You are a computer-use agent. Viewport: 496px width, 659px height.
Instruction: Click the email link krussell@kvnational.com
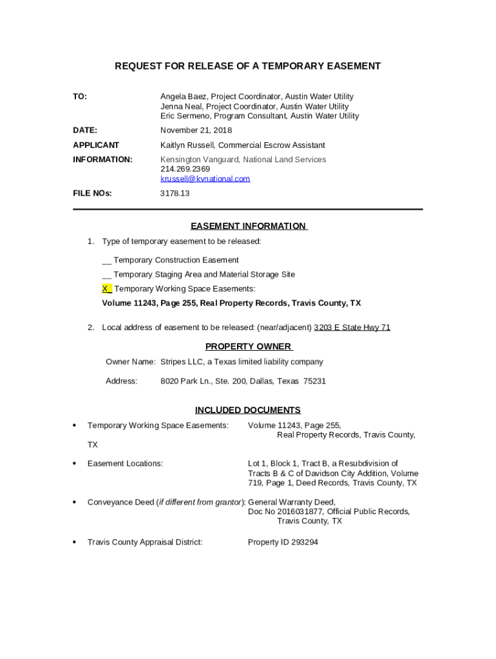(205, 179)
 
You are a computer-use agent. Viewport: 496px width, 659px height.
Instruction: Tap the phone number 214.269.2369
(185, 169)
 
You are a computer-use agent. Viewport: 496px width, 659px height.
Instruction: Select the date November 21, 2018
(196, 131)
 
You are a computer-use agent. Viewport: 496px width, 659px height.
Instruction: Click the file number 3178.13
(175, 193)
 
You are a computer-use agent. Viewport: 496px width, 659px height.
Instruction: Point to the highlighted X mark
(106, 289)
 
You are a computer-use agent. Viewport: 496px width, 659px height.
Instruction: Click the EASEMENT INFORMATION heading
(249, 226)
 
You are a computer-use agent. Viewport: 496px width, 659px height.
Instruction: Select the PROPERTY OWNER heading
(249, 347)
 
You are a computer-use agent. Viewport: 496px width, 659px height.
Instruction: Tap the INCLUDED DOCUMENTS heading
(248, 410)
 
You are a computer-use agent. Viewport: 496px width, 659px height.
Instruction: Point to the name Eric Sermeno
(185, 116)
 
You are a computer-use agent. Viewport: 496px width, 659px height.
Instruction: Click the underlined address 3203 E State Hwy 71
(352, 328)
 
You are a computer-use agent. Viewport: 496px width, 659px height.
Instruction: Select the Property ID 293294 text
(283, 543)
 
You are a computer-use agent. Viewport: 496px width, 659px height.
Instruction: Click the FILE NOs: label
(92, 193)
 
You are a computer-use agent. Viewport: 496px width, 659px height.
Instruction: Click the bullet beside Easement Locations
(75, 463)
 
